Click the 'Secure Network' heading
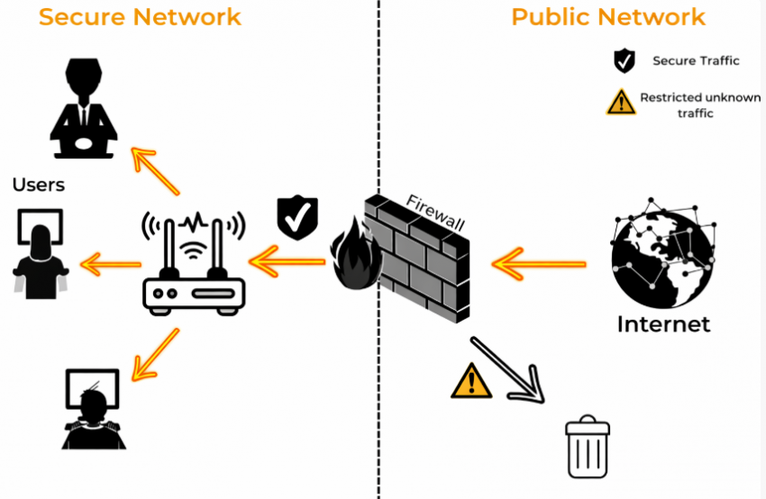coord(141,16)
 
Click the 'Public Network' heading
coord(608,16)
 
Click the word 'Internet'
coord(663,323)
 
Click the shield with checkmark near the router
coord(297,217)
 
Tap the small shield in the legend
coord(624,61)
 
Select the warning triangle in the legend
coord(621,103)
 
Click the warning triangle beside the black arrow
coord(470,381)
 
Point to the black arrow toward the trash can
coord(508,369)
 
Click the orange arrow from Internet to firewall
coord(538,264)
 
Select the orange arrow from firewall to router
coord(289,263)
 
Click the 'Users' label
coord(39,186)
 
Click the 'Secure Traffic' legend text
coord(696,61)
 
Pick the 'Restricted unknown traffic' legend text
coord(700,105)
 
